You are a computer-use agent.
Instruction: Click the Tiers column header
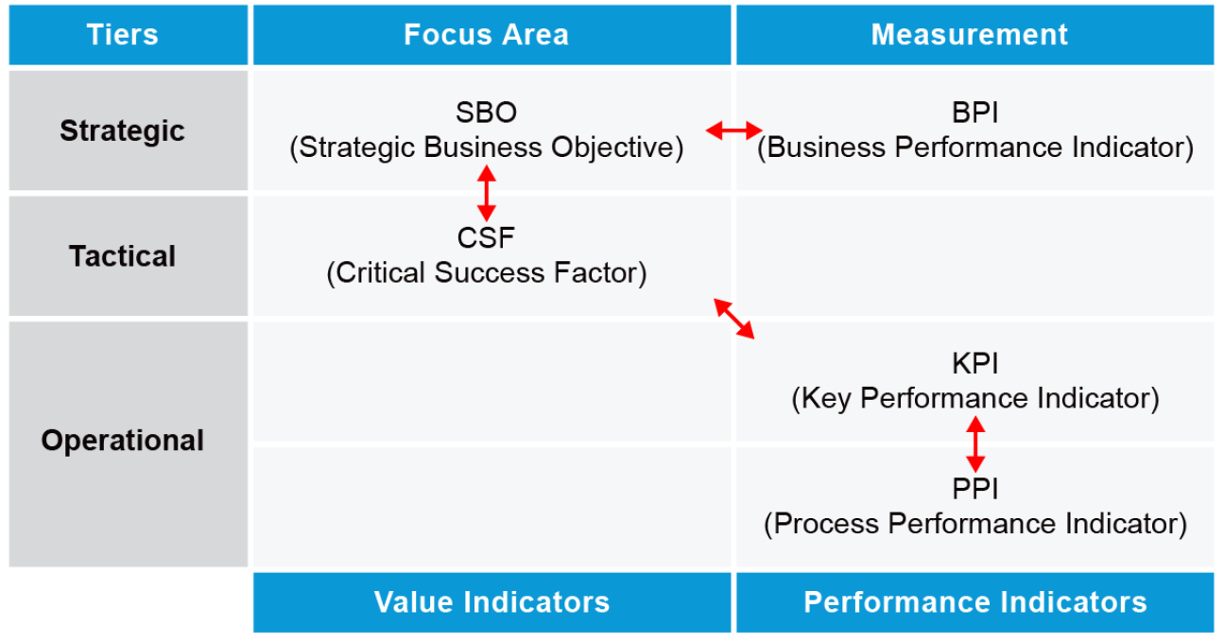pos(123,34)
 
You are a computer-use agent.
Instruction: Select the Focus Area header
pos(487,34)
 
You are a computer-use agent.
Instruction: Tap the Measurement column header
pos(969,34)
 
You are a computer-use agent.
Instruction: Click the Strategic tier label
pos(123,131)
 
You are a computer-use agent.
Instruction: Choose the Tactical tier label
pos(123,256)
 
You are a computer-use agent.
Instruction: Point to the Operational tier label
pos(123,440)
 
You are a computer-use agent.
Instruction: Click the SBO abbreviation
pos(487,113)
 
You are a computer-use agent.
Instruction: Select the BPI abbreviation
pos(974,113)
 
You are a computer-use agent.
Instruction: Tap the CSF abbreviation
pos(486,238)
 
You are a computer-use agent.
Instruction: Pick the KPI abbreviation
pos(974,364)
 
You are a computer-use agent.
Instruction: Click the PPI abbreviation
pos(974,488)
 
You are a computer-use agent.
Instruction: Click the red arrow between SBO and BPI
pos(733,130)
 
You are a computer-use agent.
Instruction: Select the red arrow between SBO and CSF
pos(487,193)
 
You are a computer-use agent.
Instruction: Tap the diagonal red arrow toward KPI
pos(733,319)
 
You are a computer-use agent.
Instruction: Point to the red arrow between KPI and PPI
pos(975,444)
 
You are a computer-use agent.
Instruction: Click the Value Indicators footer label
pos(491,602)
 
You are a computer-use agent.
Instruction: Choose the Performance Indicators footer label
pos(974,602)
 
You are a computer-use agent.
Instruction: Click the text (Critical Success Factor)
pos(487,272)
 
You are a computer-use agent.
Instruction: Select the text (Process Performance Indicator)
pos(975,524)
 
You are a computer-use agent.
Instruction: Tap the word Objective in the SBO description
pos(617,148)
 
